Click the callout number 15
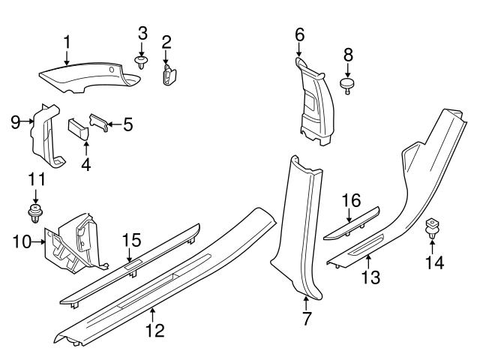pos(131,240)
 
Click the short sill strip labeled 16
pos(351,225)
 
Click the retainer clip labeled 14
pos(433,229)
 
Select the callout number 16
pos(351,200)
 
